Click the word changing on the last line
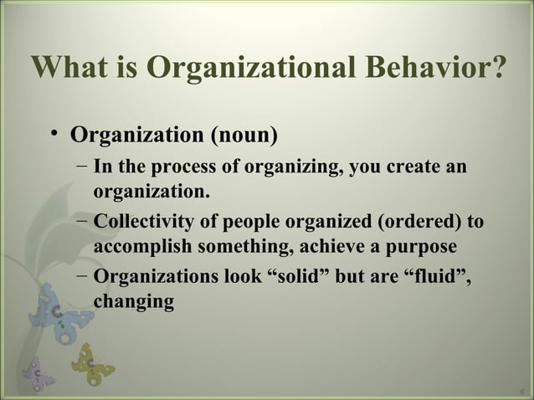coord(134,303)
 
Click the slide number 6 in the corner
coord(521,390)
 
